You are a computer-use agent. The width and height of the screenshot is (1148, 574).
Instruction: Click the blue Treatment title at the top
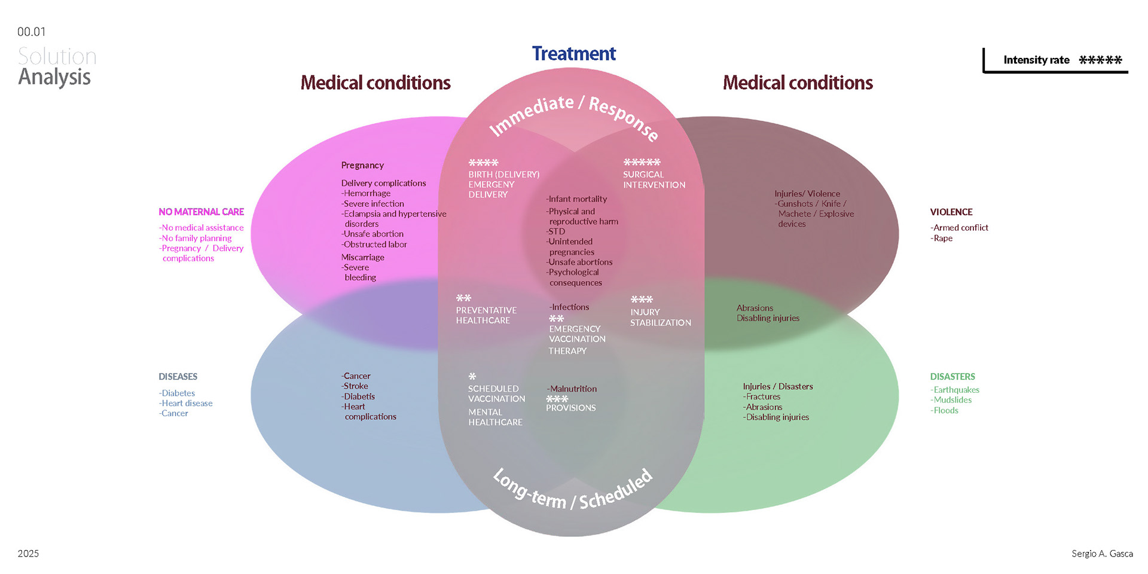coord(573,54)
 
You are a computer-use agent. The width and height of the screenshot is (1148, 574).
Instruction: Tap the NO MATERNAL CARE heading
coord(201,212)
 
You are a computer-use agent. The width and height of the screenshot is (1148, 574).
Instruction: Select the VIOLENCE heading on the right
coord(951,212)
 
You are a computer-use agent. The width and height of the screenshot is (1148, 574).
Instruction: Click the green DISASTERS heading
coord(952,377)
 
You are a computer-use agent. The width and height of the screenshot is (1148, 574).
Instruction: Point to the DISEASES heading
coord(178,377)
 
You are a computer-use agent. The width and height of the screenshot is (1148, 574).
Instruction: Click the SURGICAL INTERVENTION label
coord(654,179)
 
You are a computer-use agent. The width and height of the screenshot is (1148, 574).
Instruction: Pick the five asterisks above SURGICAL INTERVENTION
coord(642,162)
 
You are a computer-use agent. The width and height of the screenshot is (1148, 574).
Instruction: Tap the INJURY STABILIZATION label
coord(660,317)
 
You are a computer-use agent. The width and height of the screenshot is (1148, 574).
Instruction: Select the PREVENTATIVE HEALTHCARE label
coord(486,315)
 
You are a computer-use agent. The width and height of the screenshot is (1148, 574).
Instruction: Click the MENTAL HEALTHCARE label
coord(495,417)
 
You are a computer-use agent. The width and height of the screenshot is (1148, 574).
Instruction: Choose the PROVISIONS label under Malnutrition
coord(570,408)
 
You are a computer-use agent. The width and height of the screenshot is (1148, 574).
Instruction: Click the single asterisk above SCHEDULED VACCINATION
coord(472,377)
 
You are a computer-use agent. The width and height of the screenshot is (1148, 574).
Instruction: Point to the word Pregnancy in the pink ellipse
coord(362,165)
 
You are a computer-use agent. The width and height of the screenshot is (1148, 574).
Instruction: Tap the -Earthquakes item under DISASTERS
coord(955,390)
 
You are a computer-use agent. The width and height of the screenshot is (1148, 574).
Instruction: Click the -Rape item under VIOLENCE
coord(942,238)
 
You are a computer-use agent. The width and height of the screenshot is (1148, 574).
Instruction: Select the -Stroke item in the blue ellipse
coord(355,386)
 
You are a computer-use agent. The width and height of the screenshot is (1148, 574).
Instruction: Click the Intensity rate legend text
coord(1036,60)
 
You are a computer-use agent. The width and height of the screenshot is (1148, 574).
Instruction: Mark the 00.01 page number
coord(31,32)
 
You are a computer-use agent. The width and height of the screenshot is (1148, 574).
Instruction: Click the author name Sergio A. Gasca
coord(1102,554)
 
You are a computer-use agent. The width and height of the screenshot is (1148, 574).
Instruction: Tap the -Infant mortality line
coord(576,199)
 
